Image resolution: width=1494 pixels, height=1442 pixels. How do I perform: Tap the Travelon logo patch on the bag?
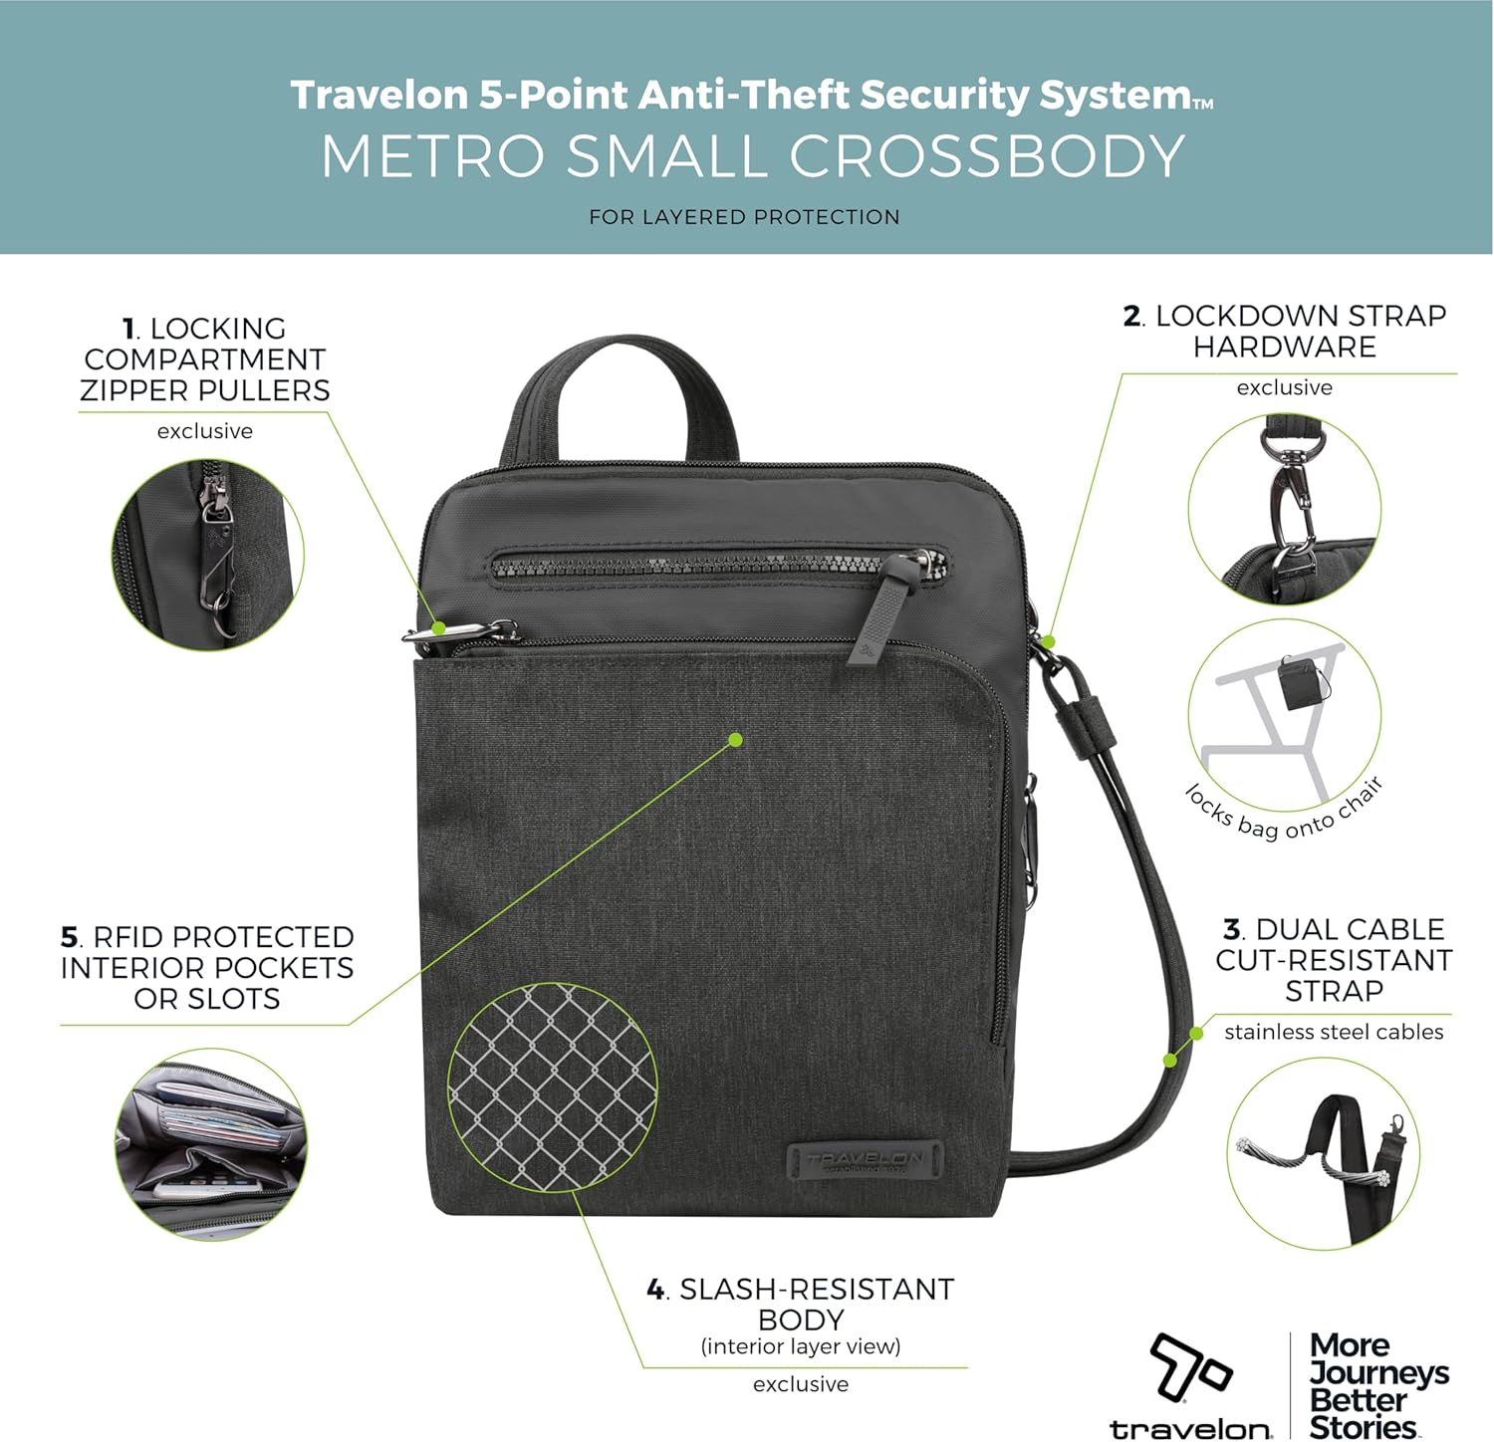[x=865, y=1161]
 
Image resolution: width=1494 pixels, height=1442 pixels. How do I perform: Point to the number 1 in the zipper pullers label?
[x=128, y=329]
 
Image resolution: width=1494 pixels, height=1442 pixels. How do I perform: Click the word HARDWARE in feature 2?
[x=1285, y=347]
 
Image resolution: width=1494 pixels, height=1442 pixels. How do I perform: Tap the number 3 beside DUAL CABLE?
[x=1232, y=929]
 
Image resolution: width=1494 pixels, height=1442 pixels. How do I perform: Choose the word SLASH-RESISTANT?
[x=817, y=1289]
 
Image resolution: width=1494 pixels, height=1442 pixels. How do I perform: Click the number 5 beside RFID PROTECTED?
[x=69, y=937]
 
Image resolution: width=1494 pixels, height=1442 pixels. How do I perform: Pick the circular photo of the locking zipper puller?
[x=207, y=555]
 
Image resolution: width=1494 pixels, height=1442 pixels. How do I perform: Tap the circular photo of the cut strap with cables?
[x=1323, y=1153]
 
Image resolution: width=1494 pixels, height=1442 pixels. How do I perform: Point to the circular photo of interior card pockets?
[x=211, y=1144]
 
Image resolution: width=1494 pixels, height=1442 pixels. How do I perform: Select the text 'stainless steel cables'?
[x=1334, y=1032]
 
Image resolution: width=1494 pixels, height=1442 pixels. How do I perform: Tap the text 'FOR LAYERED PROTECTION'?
[x=744, y=217]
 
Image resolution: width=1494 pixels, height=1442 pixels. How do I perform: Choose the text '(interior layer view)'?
[x=801, y=1346]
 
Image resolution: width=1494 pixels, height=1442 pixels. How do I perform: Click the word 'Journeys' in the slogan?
[x=1379, y=1373]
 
